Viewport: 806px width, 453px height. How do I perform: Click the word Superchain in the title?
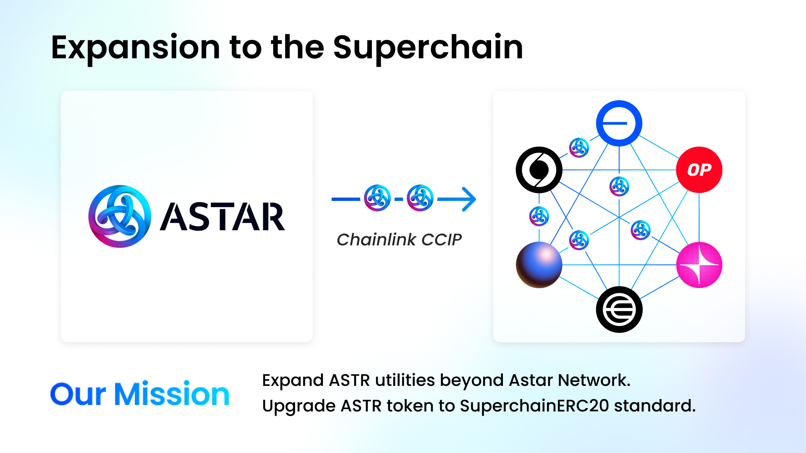(428, 47)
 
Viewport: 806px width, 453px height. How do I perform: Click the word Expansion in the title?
(135, 47)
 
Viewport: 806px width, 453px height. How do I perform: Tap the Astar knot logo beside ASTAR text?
(120, 216)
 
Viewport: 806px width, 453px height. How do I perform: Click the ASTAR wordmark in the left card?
(222, 217)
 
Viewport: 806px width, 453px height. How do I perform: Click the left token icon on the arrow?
(377, 198)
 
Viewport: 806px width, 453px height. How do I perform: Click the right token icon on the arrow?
(420, 198)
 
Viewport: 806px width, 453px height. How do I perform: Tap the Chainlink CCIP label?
(399, 240)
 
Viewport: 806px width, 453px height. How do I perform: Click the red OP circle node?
(699, 170)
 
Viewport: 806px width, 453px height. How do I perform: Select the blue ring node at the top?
(619, 123)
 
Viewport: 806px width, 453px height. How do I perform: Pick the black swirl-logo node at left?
(539, 170)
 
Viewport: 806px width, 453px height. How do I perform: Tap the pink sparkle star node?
(699, 265)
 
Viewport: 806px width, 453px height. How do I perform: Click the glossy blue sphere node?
(539, 265)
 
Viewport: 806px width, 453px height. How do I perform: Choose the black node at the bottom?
(619, 310)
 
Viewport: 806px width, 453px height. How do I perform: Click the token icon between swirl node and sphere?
(539, 216)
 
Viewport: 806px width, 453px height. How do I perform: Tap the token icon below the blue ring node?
(619, 186)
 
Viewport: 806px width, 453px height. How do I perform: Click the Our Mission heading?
(140, 394)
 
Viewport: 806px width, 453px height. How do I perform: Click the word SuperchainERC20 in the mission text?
(534, 406)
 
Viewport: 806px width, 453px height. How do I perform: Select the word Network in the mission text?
(594, 380)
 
